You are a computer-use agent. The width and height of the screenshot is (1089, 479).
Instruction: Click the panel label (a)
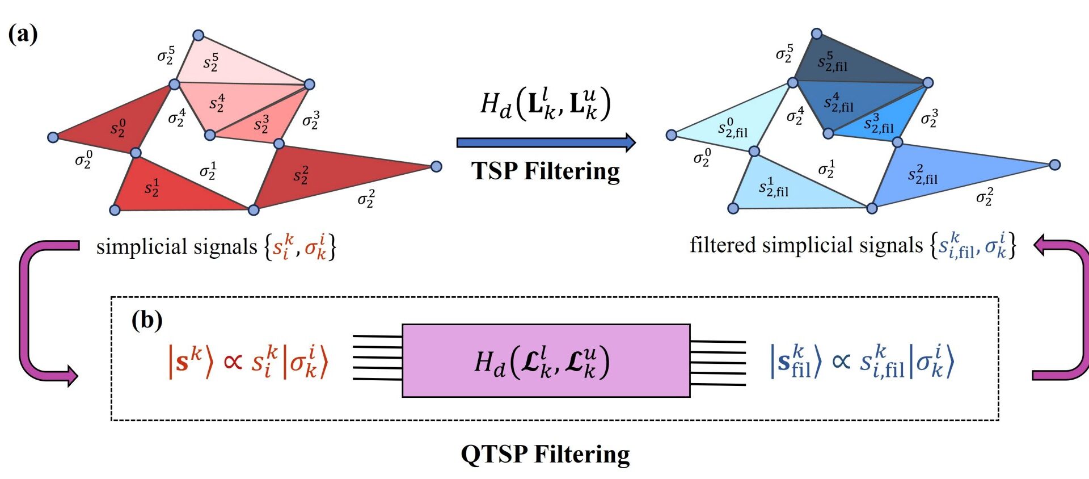click(x=23, y=34)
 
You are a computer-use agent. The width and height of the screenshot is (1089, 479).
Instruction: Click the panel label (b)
click(x=147, y=321)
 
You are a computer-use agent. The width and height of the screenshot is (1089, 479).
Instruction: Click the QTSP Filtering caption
click(x=545, y=455)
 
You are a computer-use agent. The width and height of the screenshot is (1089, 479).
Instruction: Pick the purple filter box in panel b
click(x=546, y=360)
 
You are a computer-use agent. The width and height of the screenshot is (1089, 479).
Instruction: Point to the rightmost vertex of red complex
click(x=436, y=166)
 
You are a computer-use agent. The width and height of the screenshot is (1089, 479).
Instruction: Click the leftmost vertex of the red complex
click(x=53, y=137)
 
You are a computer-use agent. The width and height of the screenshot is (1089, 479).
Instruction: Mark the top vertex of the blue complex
click(x=817, y=33)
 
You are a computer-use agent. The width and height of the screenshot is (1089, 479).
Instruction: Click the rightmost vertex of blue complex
click(x=1055, y=165)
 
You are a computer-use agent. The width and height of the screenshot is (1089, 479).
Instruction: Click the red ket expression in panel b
click(x=248, y=362)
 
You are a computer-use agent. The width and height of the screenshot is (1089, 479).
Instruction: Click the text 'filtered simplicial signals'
click(x=805, y=245)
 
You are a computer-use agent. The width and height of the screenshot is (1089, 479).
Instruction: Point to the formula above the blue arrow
click(x=546, y=104)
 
